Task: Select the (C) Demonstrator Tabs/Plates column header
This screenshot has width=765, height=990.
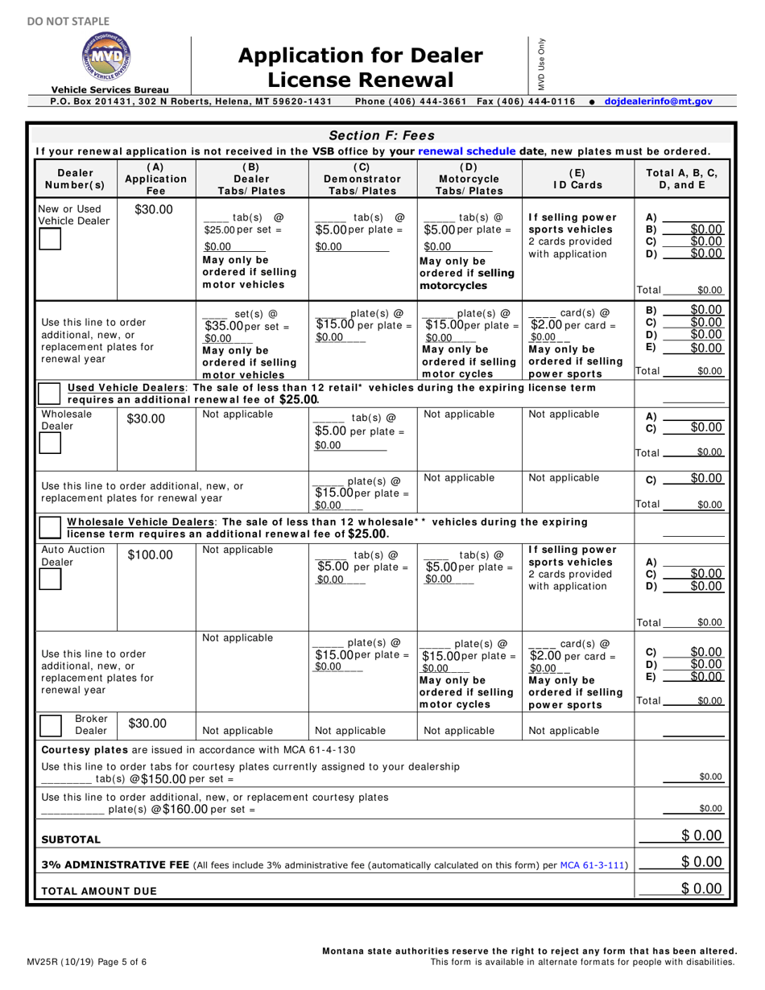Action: pyautogui.click(x=362, y=179)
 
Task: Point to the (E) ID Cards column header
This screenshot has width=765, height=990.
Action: pyautogui.click(x=576, y=179)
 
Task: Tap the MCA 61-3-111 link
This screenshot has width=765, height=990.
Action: pyautogui.click(x=593, y=864)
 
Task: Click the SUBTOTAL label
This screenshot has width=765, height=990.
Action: pyautogui.click(x=71, y=839)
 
